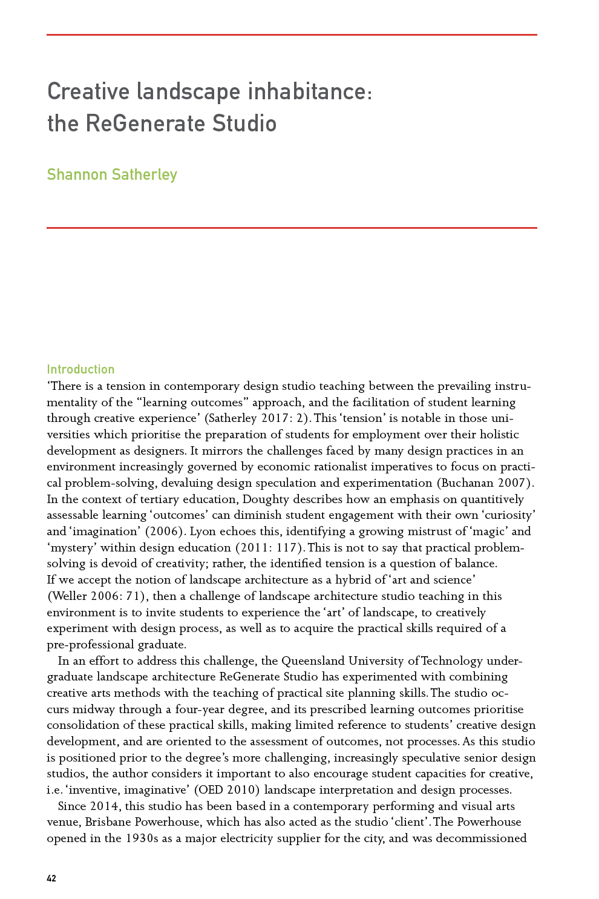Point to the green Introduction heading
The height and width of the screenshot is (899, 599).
pos(80,369)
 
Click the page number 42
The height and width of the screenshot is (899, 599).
pos(51,878)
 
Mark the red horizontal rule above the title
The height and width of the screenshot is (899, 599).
pos(292,35)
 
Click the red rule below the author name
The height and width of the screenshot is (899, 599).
pos(292,228)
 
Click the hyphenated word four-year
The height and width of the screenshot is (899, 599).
pos(201,710)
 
